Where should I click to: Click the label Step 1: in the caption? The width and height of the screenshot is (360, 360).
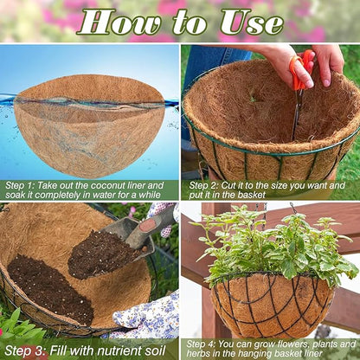pos(24,185)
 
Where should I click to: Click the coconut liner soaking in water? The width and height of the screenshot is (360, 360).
pos(90,121)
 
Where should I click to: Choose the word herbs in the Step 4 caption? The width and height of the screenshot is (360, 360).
pos(209,356)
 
